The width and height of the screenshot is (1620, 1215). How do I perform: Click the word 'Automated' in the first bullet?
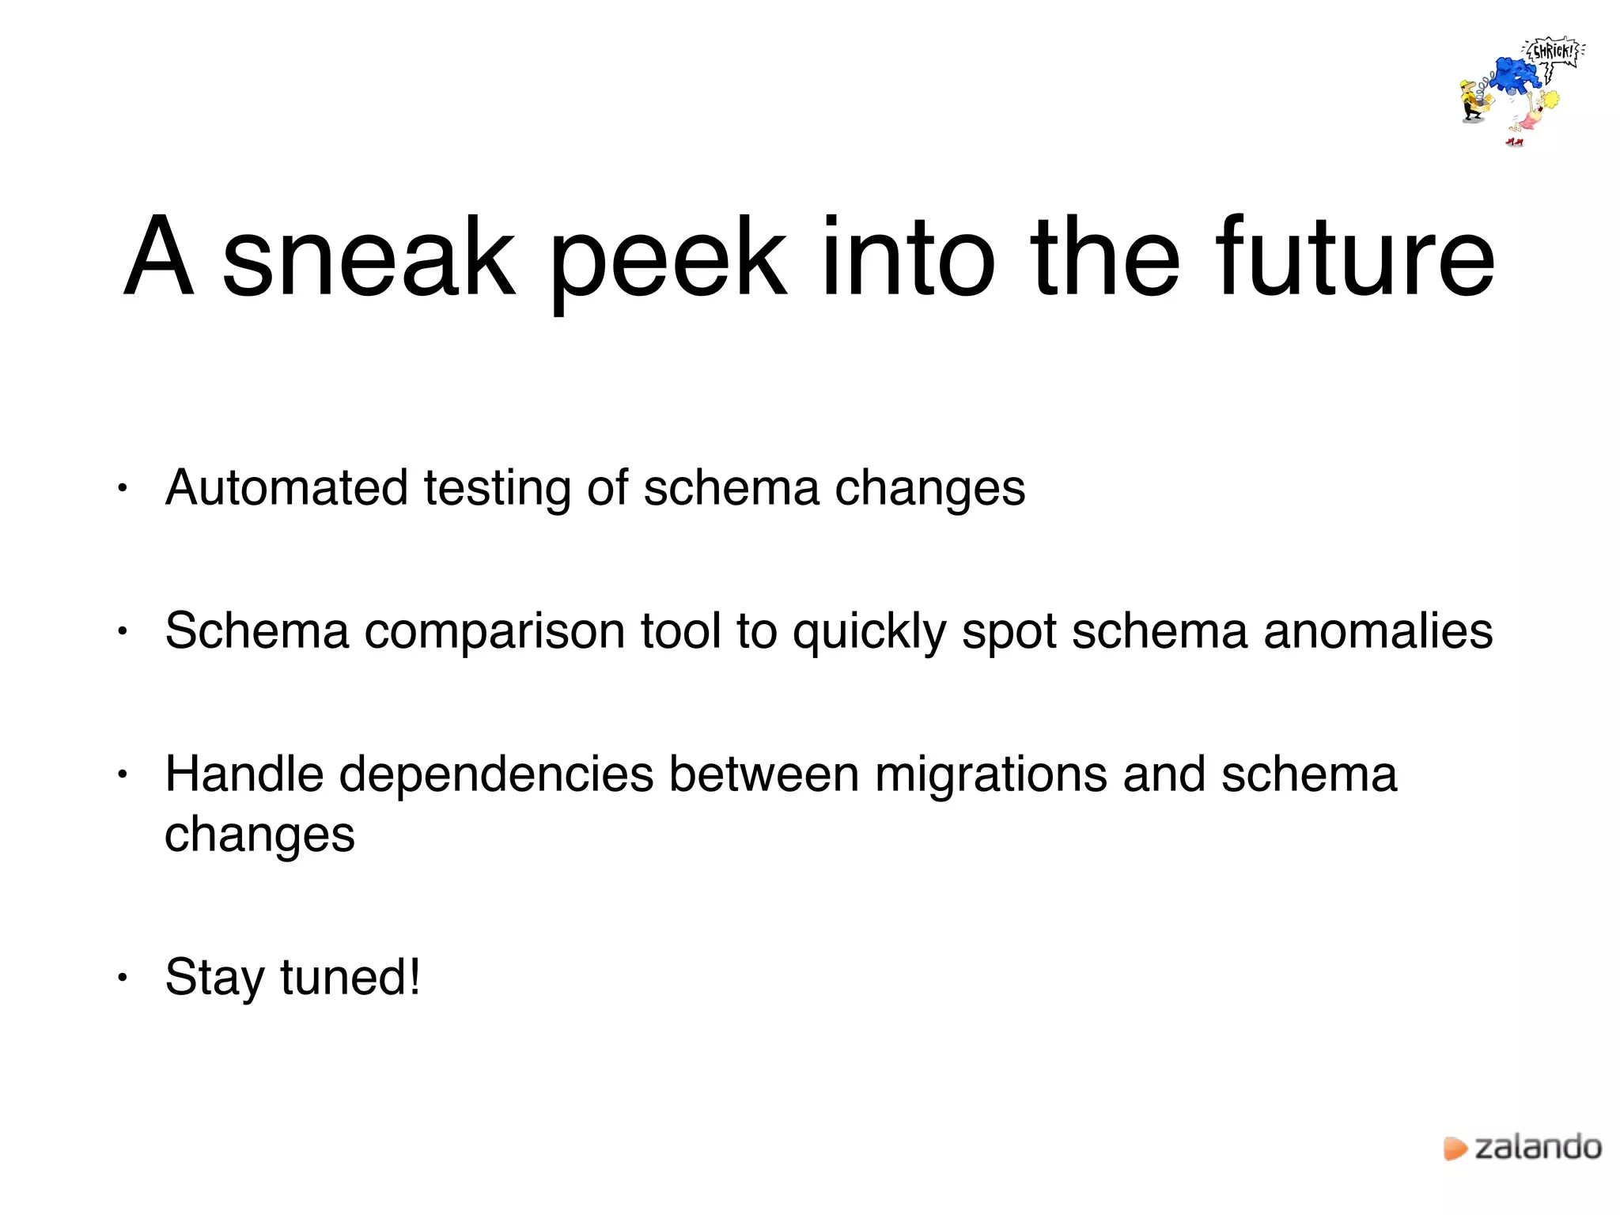pos(286,487)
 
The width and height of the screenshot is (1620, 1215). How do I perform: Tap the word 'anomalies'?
pos(1378,631)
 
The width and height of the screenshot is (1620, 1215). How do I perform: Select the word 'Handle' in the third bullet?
pos(244,774)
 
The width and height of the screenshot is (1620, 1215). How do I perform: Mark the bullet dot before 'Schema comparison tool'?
pos(122,632)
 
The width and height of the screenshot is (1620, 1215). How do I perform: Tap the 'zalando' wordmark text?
pos(1539,1147)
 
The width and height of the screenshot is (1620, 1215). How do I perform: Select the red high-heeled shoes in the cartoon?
pos(1514,142)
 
